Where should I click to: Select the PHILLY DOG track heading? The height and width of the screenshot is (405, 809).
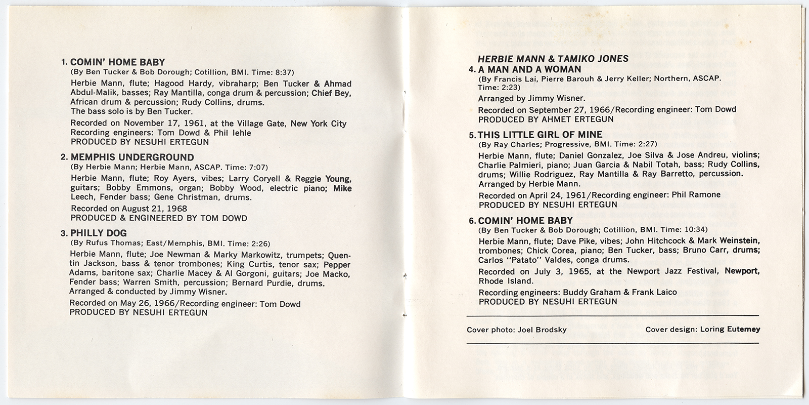tap(98, 233)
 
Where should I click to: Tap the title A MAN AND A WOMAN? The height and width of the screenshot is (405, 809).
tap(529, 69)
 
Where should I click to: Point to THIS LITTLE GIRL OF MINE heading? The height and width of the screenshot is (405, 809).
tap(540, 135)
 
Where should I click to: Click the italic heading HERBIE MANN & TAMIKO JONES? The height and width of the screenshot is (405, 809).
tap(553, 59)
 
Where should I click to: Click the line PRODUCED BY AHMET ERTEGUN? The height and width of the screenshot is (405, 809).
tap(546, 119)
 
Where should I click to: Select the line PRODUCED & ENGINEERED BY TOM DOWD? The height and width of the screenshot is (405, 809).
tap(159, 218)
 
